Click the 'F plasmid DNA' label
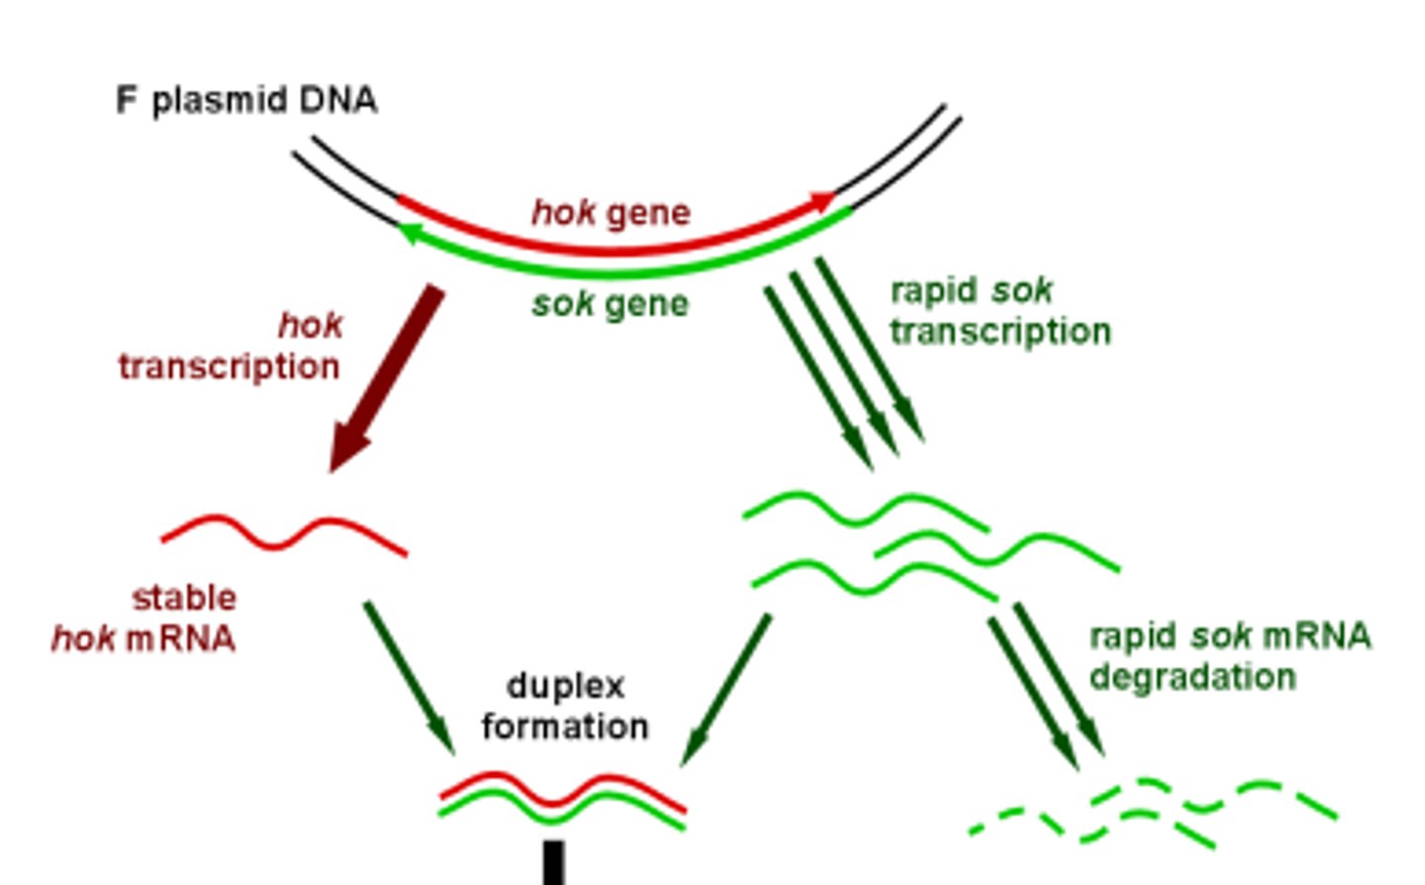(x=246, y=101)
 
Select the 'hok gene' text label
(x=611, y=213)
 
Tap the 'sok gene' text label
(x=610, y=304)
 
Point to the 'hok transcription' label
(x=231, y=346)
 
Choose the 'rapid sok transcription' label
(x=999, y=311)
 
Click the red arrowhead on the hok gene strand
(x=822, y=202)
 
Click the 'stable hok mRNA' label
(x=144, y=619)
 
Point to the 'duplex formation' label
(x=565, y=706)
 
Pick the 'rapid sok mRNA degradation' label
(x=1229, y=656)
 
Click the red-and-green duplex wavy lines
(x=562, y=799)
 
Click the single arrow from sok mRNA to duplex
(x=725, y=689)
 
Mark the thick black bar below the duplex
(x=554, y=862)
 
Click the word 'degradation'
(x=1192, y=677)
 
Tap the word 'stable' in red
(x=184, y=598)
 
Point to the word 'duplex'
(x=565, y=686)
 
